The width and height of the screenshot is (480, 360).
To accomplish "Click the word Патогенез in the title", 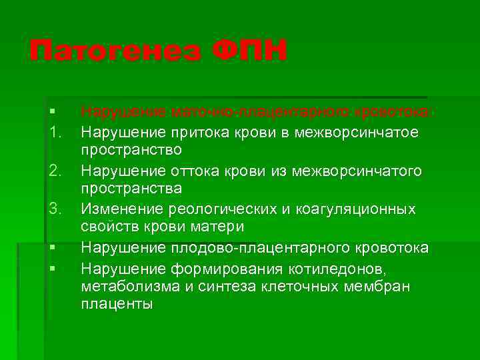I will tap(114, 51).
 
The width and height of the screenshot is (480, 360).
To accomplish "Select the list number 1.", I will tap(55, 133).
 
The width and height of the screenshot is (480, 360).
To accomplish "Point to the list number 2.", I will tap(55, 171).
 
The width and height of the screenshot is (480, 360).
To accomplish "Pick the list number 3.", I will tap(55, 209).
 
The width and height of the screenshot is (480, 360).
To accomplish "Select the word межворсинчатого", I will tap(361, 171).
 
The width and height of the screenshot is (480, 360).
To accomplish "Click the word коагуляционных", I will tap(353, 209).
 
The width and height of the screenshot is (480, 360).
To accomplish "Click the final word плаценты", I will tap(117, 305).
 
